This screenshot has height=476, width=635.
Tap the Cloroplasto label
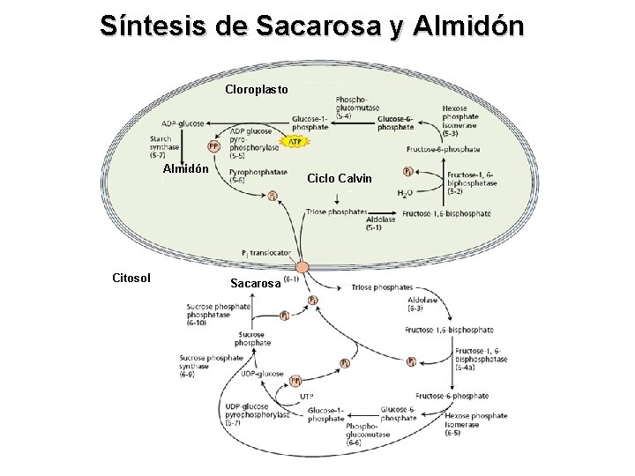[x=257, y=89]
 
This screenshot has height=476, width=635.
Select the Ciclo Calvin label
[x=340, y=178]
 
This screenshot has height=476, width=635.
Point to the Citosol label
[x=131, y=279]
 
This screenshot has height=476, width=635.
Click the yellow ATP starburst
[x=293, y=141]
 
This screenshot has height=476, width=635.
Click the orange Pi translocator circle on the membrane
[x=303, y=266]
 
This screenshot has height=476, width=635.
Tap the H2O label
[x=405, y=193]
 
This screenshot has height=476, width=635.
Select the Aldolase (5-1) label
[x=380, y=224]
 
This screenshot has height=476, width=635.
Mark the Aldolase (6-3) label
[x=422, y=304]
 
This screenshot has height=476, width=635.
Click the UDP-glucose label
[x=262, y=373]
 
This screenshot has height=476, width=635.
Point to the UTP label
[x=307, y=397]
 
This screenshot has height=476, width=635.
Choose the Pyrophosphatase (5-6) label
[x=250, y=175]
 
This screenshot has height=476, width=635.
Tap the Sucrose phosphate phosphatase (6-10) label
[x=218, y=314]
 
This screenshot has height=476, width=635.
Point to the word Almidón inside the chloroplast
[x=186, y=168]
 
